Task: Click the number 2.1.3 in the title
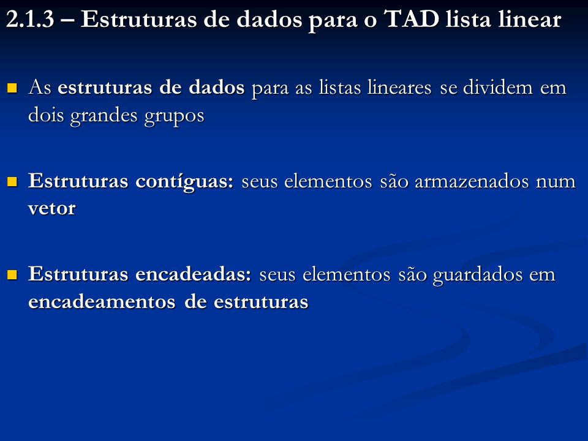coord(31,19)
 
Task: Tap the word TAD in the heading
coord(412,19)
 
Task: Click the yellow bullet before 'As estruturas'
coord(12,88)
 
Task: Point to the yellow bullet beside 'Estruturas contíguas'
coord(12,181)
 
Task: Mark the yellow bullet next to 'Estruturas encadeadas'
coord(12,275)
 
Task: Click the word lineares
coord(399,88)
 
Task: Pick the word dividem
coord(497,88)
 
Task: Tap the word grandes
coord(104,116)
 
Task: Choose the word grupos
coord(175,116)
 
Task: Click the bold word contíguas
coord(184,181)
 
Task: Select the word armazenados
coord(472,181)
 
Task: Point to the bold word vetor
coord(51,208)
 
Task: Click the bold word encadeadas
coord(193,274)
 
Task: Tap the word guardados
coord(478,275)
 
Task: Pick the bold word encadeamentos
coord(102,301)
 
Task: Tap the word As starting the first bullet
coord(40,88)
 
